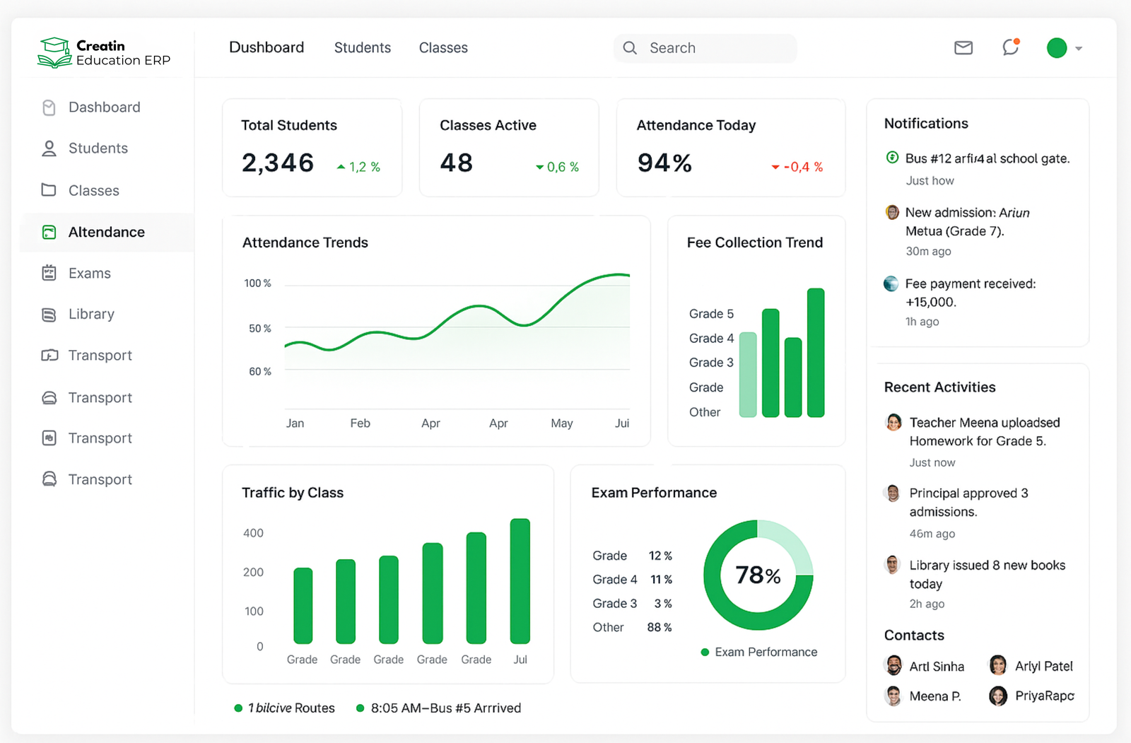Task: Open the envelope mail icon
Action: point(963,48)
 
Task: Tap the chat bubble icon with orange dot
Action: point(1010,47)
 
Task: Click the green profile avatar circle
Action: point(1056,48)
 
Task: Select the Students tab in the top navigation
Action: point(362,48)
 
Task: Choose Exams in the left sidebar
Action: point(89,274)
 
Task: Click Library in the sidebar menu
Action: point(91,315)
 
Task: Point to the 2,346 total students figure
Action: point(278,163)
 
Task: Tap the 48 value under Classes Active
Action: point(456,163)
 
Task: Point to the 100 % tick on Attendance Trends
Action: point(257,283)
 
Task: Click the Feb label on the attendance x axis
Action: point(360,423)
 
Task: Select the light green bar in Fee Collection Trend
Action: point(748,375)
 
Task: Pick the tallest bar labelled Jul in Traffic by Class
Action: point(520,581)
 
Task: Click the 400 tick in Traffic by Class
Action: point(253,533)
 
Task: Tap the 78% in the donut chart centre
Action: point(758,575)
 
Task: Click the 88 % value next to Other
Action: point(659,628)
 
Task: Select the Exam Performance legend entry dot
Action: point(705,653)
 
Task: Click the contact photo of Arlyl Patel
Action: point(998,665)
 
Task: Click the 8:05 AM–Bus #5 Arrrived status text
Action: point(445,708)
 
